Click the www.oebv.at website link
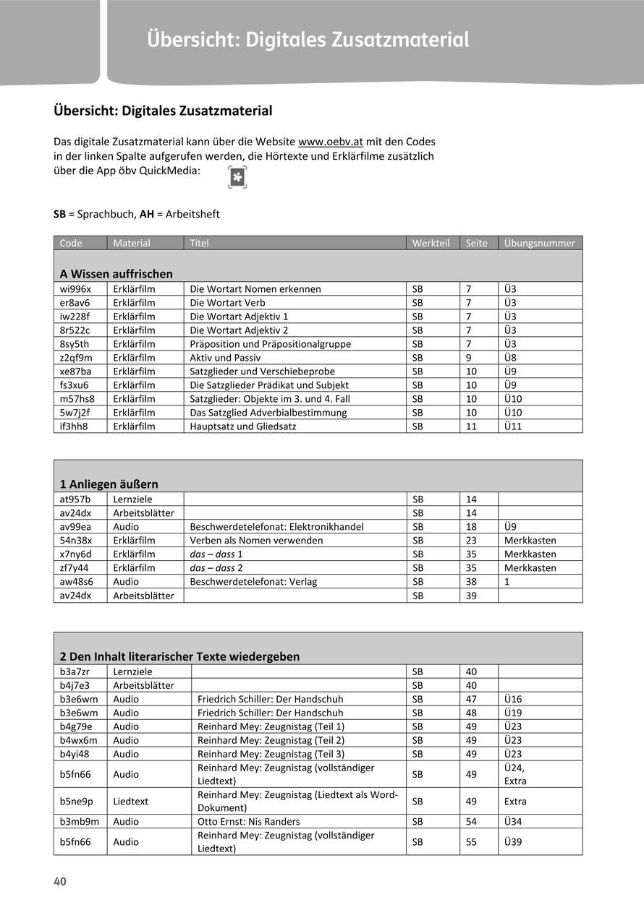(331, 142)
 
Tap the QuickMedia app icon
(237, 177)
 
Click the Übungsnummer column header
(539, 243)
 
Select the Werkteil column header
(431, 243)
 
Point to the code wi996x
(75, 289)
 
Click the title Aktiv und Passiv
(225, 358)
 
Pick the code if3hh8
(74, 426)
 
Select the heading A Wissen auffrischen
(116, 274)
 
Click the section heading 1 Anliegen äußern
(109, 484)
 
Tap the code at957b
(75, 499)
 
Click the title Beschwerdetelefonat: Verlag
(253, 582)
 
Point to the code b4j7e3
(75, 685)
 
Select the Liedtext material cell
(131, 802)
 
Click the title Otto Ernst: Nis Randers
(248, 822)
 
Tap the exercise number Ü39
(513, 842)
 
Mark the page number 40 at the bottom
(59, 882)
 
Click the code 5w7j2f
(75, 413)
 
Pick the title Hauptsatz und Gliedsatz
(242, 426)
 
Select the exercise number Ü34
(513, 822)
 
